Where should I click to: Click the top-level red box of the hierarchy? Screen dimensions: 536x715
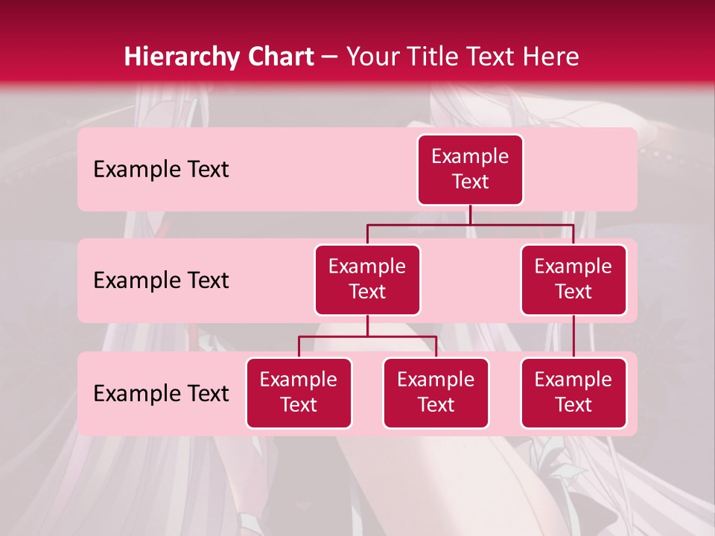[470, 170]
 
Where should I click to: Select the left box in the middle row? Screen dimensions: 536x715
[367, 280]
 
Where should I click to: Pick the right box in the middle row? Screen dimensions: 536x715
[573, 280]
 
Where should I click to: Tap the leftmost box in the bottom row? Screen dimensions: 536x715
[299, 393]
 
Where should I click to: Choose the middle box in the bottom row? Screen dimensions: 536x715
[436, 393]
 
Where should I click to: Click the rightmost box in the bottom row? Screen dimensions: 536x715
[573, 393]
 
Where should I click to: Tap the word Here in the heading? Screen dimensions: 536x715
[550, 57]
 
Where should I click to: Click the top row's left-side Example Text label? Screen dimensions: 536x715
[161, 170]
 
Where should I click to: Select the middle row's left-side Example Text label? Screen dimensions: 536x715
[161, 281]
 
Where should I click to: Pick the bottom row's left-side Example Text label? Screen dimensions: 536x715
[161, 394]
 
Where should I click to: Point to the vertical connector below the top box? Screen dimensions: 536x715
[470, 214]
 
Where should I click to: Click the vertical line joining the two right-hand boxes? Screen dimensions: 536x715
[573, 336]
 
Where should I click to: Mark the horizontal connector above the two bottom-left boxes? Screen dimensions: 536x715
[367, 336]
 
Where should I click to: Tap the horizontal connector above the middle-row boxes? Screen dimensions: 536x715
[470, 224]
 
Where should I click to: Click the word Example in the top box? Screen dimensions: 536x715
[470, 157]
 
